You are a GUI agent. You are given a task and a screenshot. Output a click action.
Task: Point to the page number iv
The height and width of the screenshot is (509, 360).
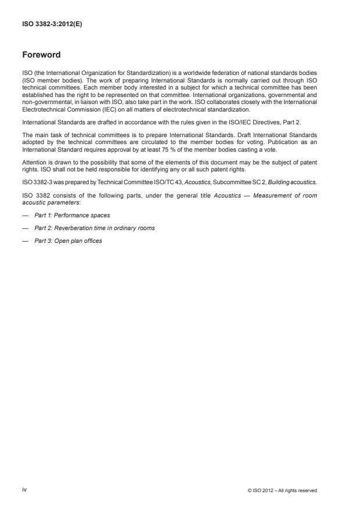[x=24, y=490]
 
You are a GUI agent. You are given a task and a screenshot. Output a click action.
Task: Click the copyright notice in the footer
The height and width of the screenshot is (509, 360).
[x=282, y=490]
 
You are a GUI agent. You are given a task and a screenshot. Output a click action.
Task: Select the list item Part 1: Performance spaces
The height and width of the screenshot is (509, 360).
[x=72, y=215]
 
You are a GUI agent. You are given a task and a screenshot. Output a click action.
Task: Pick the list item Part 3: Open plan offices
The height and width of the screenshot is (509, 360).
[x=68, y=241]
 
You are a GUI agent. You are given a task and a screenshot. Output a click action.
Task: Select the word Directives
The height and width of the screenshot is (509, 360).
[x=266, y=123]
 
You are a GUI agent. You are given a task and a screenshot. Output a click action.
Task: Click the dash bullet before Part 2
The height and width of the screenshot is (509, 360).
[x=24, y=228]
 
